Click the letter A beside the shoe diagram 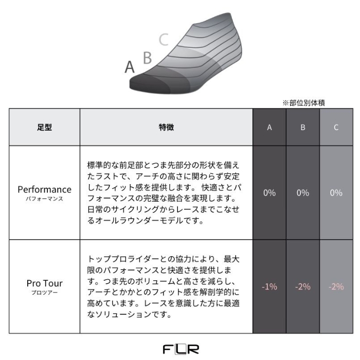coord(130,67)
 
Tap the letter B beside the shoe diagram coord(148,58)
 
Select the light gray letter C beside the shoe coord(164,40)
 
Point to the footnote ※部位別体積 coord(303,103)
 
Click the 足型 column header coord(45,127)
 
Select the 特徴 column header coord(166,127)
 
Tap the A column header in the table coord(269,127)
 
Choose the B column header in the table coord(303,127)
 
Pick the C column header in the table coord(336,127)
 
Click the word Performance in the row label coord(45,189)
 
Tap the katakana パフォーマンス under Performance coord(45,199)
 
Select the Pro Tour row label coord(45,283)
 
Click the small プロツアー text coord(45,293)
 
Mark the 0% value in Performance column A coord(269,193)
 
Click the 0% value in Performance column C coord(336,193)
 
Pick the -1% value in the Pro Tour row coord(269,286)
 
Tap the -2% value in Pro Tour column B coord(303,286)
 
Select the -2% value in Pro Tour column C coord(336,286)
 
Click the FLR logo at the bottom coord(181,349)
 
